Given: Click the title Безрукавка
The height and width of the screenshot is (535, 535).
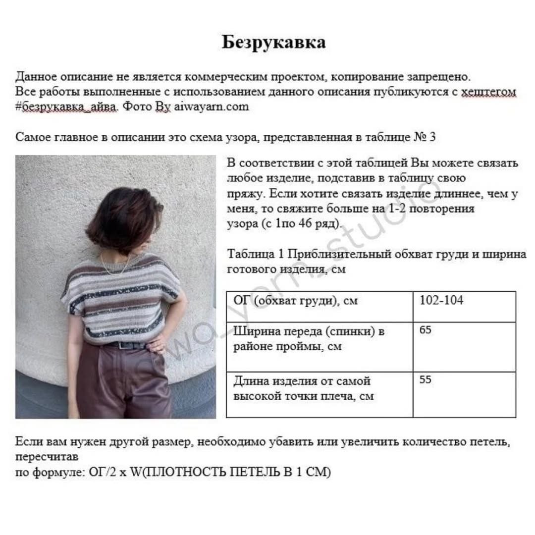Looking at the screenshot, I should [x=273, y=43].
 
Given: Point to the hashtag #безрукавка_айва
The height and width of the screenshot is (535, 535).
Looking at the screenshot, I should [x=67, y=107].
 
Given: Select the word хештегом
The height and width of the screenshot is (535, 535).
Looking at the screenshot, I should [x=488, y=92].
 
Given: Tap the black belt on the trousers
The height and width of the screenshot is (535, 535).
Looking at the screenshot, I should [x=126, y=345].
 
